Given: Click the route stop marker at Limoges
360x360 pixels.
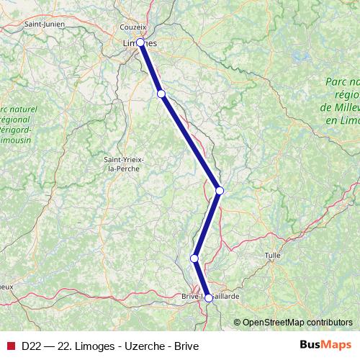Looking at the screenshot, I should pyautogui.click(x=141, y=42).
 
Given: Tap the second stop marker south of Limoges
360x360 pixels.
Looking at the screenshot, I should pyautogui.click(x=161, y=94).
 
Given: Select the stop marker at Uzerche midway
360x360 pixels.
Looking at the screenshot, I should pyautogui.click(x=220, y=190).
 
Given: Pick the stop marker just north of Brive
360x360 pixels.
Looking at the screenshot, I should pyautogui.click(x=194, y=258).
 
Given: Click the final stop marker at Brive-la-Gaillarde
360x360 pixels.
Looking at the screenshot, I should pyautogui.click(x=209, y=297).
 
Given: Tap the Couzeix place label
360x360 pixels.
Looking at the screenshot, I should pyautogui.click(x=133, y=27).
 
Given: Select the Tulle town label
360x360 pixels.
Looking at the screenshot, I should pyautogui.click(x=273, y=256).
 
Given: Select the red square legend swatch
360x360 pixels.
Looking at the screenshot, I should pyautogui.click(x=10, y=345).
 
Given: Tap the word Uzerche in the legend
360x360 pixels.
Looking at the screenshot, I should pyautogui.click(x=140, y=345).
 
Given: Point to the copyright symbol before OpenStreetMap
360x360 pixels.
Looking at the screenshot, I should pyautogui.click(x=238, y=322).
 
